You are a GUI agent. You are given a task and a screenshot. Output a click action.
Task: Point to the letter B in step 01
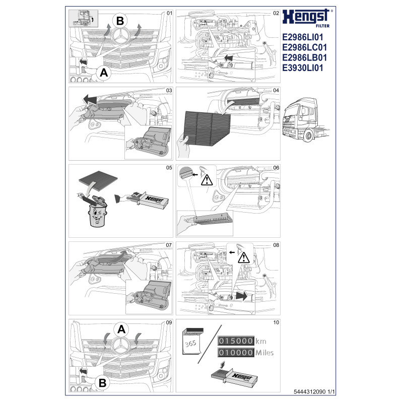click(120, 21)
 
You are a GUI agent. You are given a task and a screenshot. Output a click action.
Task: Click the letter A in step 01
click(104, 73)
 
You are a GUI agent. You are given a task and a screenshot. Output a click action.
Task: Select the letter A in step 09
click(121, 330)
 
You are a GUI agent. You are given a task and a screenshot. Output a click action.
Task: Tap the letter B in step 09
click(102, 383)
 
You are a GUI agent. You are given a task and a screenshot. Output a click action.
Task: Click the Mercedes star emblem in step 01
click(122, 36)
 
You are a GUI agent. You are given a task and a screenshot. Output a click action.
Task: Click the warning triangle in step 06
click(207, 178)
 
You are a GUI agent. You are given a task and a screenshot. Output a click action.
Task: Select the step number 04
click(276, 90)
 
